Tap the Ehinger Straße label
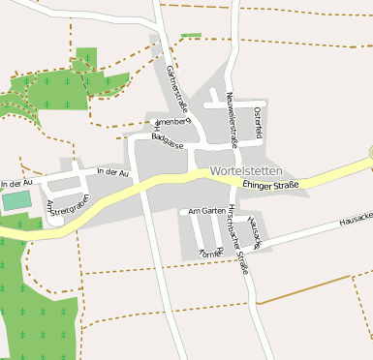pos(270,184)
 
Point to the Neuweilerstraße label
pos(232,117)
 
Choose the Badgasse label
pos(167,140)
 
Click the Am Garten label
pos(206,210)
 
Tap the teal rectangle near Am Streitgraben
pos(16,201)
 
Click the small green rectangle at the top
pos(191,36)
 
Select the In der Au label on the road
pos(113,172)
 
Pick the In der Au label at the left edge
pos(17,183)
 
